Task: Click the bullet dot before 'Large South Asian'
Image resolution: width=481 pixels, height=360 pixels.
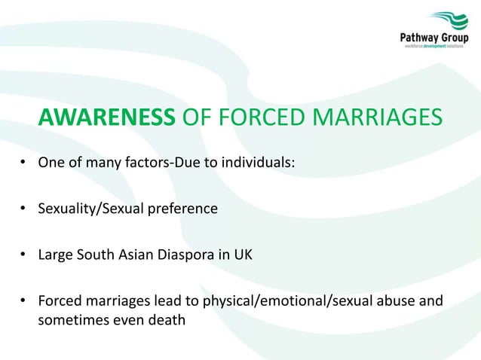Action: pos(25,255)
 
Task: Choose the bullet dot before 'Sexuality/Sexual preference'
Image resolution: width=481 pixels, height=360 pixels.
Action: pos(25,208)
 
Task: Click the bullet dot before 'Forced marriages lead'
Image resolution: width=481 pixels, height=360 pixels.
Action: pos(25,301)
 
